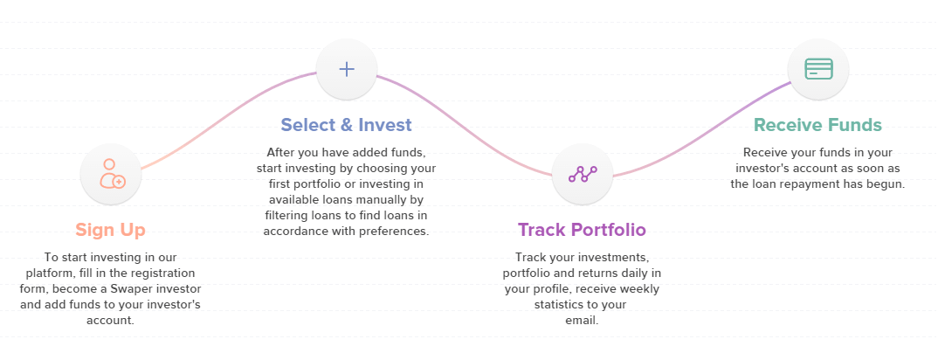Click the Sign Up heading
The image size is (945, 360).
point(110,231)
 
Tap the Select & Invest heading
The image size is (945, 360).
point(347,125)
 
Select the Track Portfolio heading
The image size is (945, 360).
point(582,230)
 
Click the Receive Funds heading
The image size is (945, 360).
point(817,125)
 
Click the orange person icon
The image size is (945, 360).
point(112,174)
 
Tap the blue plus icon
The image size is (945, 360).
point(347,69)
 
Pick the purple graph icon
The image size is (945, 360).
point(583,174)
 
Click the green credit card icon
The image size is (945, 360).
point(818,69)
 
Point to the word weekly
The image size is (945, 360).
point(639,289)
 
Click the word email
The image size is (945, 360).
point(581,320)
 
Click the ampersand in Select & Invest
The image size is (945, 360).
point(347,125)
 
